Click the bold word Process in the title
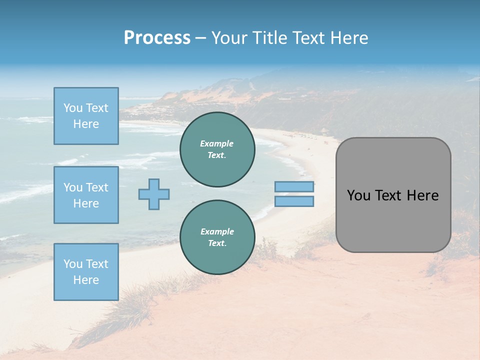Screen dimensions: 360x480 coord(157,38)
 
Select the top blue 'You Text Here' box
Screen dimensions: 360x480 coord(86,116)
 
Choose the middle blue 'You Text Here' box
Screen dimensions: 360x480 coord(86,195)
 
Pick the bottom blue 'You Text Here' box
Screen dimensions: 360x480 coord(86,272)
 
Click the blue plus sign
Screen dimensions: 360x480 coord(154,194)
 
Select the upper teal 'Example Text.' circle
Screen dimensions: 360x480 coord(217,149)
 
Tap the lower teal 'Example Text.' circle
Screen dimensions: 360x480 coord(217,237)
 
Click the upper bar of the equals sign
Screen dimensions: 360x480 coord(294,187)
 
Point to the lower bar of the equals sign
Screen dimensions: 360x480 coord(294,201)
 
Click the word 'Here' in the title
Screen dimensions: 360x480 coord(348,38)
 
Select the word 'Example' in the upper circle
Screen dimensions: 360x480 coord(217,143)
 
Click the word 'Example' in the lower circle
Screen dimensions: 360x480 coord(217,231)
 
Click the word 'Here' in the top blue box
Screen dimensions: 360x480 coord(86,124)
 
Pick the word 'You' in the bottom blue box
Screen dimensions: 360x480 coord(73,264)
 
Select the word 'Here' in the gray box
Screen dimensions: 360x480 coord(422,195)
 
